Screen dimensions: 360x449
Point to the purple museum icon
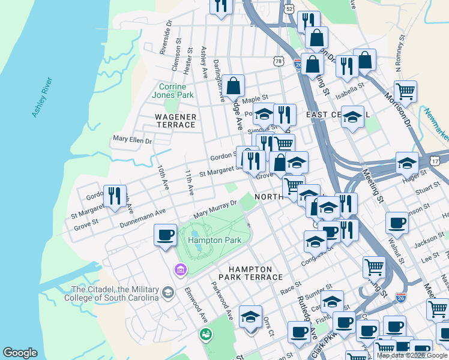click(x=179, y=271)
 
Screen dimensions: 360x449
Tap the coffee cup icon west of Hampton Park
click(x=165, y=235)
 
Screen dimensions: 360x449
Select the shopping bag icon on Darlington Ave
click(x=234, y=86)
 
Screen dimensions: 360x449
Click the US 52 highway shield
click(x=289, y=9)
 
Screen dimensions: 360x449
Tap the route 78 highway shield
click(x=277, y=61)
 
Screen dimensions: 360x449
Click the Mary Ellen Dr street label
click(x=132, y=140)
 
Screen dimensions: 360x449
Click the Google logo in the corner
click(x=20, y=353)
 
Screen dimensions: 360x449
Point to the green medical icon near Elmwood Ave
click(x=206, y=334)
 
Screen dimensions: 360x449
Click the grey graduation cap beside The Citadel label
click(x=169, y=293)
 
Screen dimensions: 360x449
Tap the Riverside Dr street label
click(x=166, y=38)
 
